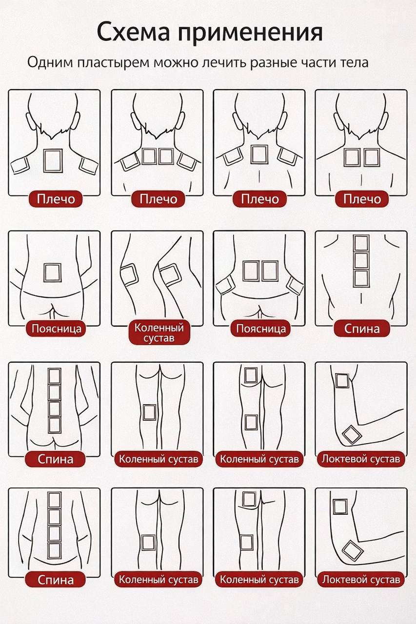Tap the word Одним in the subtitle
[x=50, y=62]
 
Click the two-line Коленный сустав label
[x=159, y=332]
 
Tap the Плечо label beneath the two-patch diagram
[x=362, y=199]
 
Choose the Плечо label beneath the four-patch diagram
[x=158, y=199]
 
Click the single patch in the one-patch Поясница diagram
[x=52, y=273]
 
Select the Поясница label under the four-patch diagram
[x=261, y=329]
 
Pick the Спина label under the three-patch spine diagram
[x=362, y=329]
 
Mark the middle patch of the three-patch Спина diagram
[x=361, y=261]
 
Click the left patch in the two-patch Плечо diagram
[x=353, y=157]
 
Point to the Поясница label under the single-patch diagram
[x=56, y=329]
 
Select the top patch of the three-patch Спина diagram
[x=361, y=243]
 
